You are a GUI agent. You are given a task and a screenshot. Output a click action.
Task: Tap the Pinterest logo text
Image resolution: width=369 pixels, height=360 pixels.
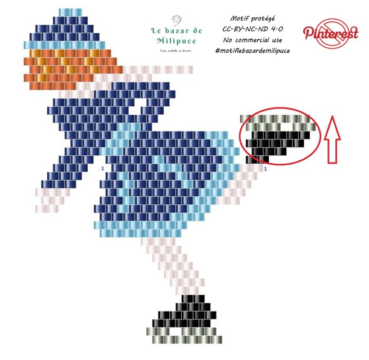(331, 33)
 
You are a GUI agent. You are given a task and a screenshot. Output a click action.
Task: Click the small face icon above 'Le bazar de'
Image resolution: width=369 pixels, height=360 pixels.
(176, 19)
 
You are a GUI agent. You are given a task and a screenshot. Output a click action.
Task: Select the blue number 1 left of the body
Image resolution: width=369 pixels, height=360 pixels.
(102, 168)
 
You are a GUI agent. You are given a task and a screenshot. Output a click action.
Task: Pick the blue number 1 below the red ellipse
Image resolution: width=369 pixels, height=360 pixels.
(265, 168)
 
